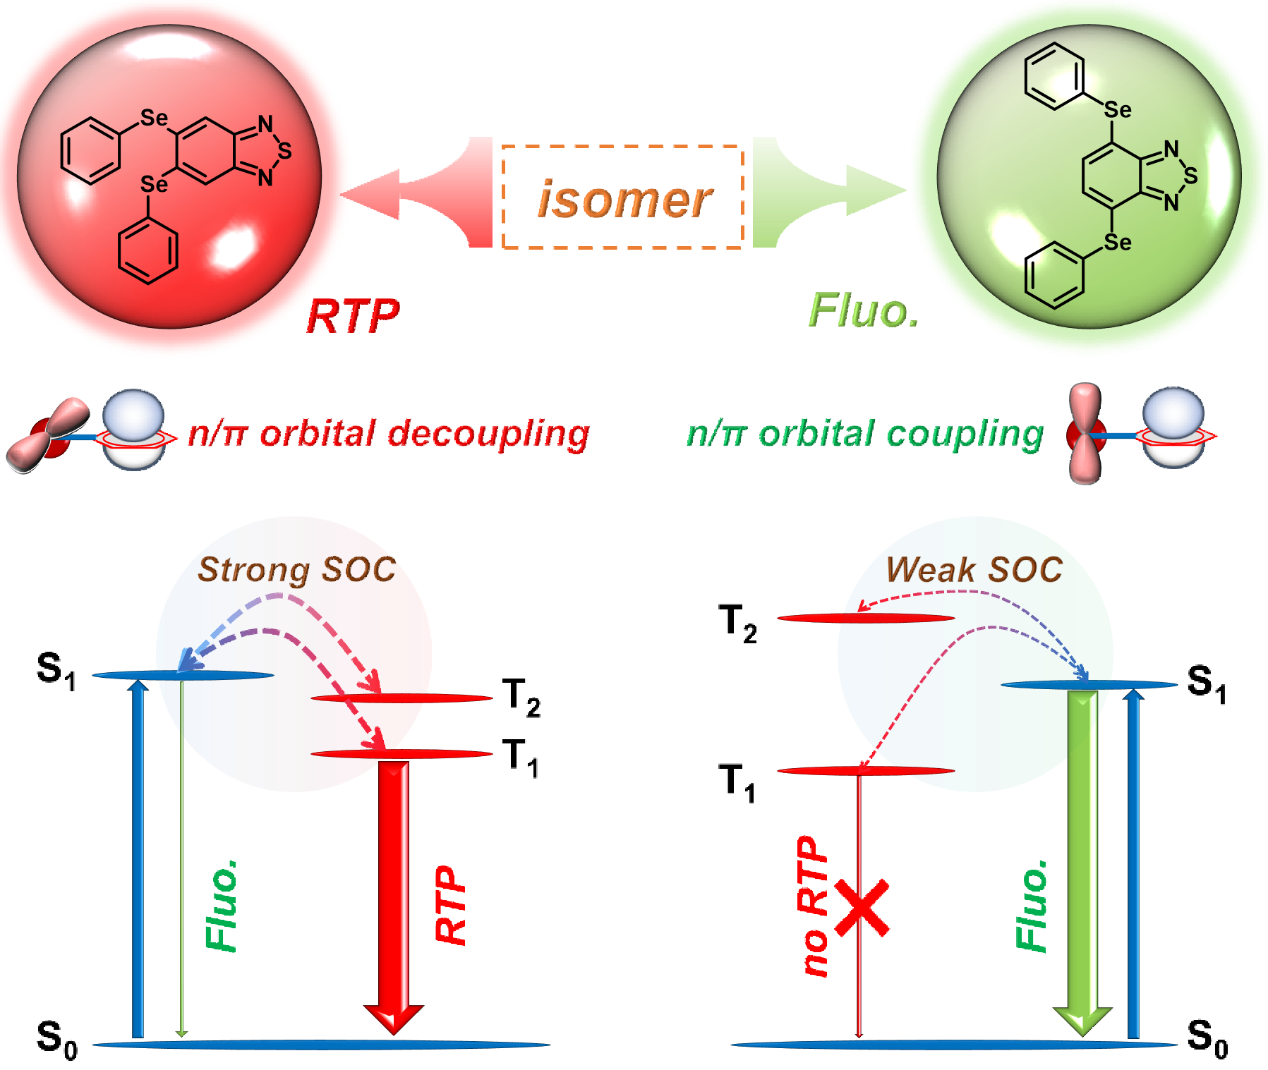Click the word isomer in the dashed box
624,200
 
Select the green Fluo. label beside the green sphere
864,311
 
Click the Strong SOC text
296,570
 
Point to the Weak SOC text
974,569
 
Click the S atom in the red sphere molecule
284,151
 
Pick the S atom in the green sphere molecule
1191,176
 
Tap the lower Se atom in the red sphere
154,185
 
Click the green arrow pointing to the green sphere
833,190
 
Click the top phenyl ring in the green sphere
1054,76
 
